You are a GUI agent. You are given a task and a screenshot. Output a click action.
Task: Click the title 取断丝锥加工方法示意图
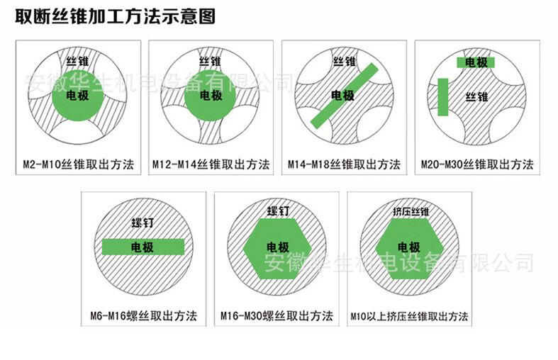(116, 17)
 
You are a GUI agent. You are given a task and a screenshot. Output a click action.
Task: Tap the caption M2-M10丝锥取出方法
(79, 164)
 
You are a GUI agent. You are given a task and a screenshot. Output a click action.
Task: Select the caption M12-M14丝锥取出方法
(211, 164)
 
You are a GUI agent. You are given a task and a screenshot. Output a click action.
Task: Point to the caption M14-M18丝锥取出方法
(344, 164)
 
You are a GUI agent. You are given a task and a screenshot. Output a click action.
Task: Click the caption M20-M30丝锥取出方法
(477, 164)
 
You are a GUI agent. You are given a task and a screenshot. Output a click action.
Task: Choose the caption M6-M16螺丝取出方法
(143, 315)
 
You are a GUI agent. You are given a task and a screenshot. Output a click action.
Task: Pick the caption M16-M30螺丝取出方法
(277, 315)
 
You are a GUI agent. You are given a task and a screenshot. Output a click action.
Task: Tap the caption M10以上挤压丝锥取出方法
(409, 316)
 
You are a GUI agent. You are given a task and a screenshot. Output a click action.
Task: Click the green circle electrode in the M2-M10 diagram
(78, 96)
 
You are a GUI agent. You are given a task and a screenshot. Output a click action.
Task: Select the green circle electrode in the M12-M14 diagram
(211, 96)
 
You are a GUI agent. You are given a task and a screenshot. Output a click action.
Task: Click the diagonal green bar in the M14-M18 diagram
(344, 96)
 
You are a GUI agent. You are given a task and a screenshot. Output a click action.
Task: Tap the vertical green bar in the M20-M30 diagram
(442, 97)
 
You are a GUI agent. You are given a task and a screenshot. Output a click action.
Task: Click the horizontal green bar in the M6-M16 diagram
(143, 247)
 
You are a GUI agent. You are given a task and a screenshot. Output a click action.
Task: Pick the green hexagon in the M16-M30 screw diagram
(277, 249)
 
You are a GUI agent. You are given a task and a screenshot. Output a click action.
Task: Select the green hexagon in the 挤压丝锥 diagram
(409, 249)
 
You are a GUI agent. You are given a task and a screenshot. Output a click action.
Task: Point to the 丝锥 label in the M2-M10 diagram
(77, 62)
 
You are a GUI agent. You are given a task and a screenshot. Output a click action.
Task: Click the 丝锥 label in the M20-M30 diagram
(477, 96)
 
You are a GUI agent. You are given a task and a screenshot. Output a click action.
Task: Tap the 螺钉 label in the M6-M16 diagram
(143, 223)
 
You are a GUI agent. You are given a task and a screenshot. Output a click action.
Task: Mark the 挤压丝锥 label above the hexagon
(411, 212)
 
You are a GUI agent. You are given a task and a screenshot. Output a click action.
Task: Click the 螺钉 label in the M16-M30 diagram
(278, 211)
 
